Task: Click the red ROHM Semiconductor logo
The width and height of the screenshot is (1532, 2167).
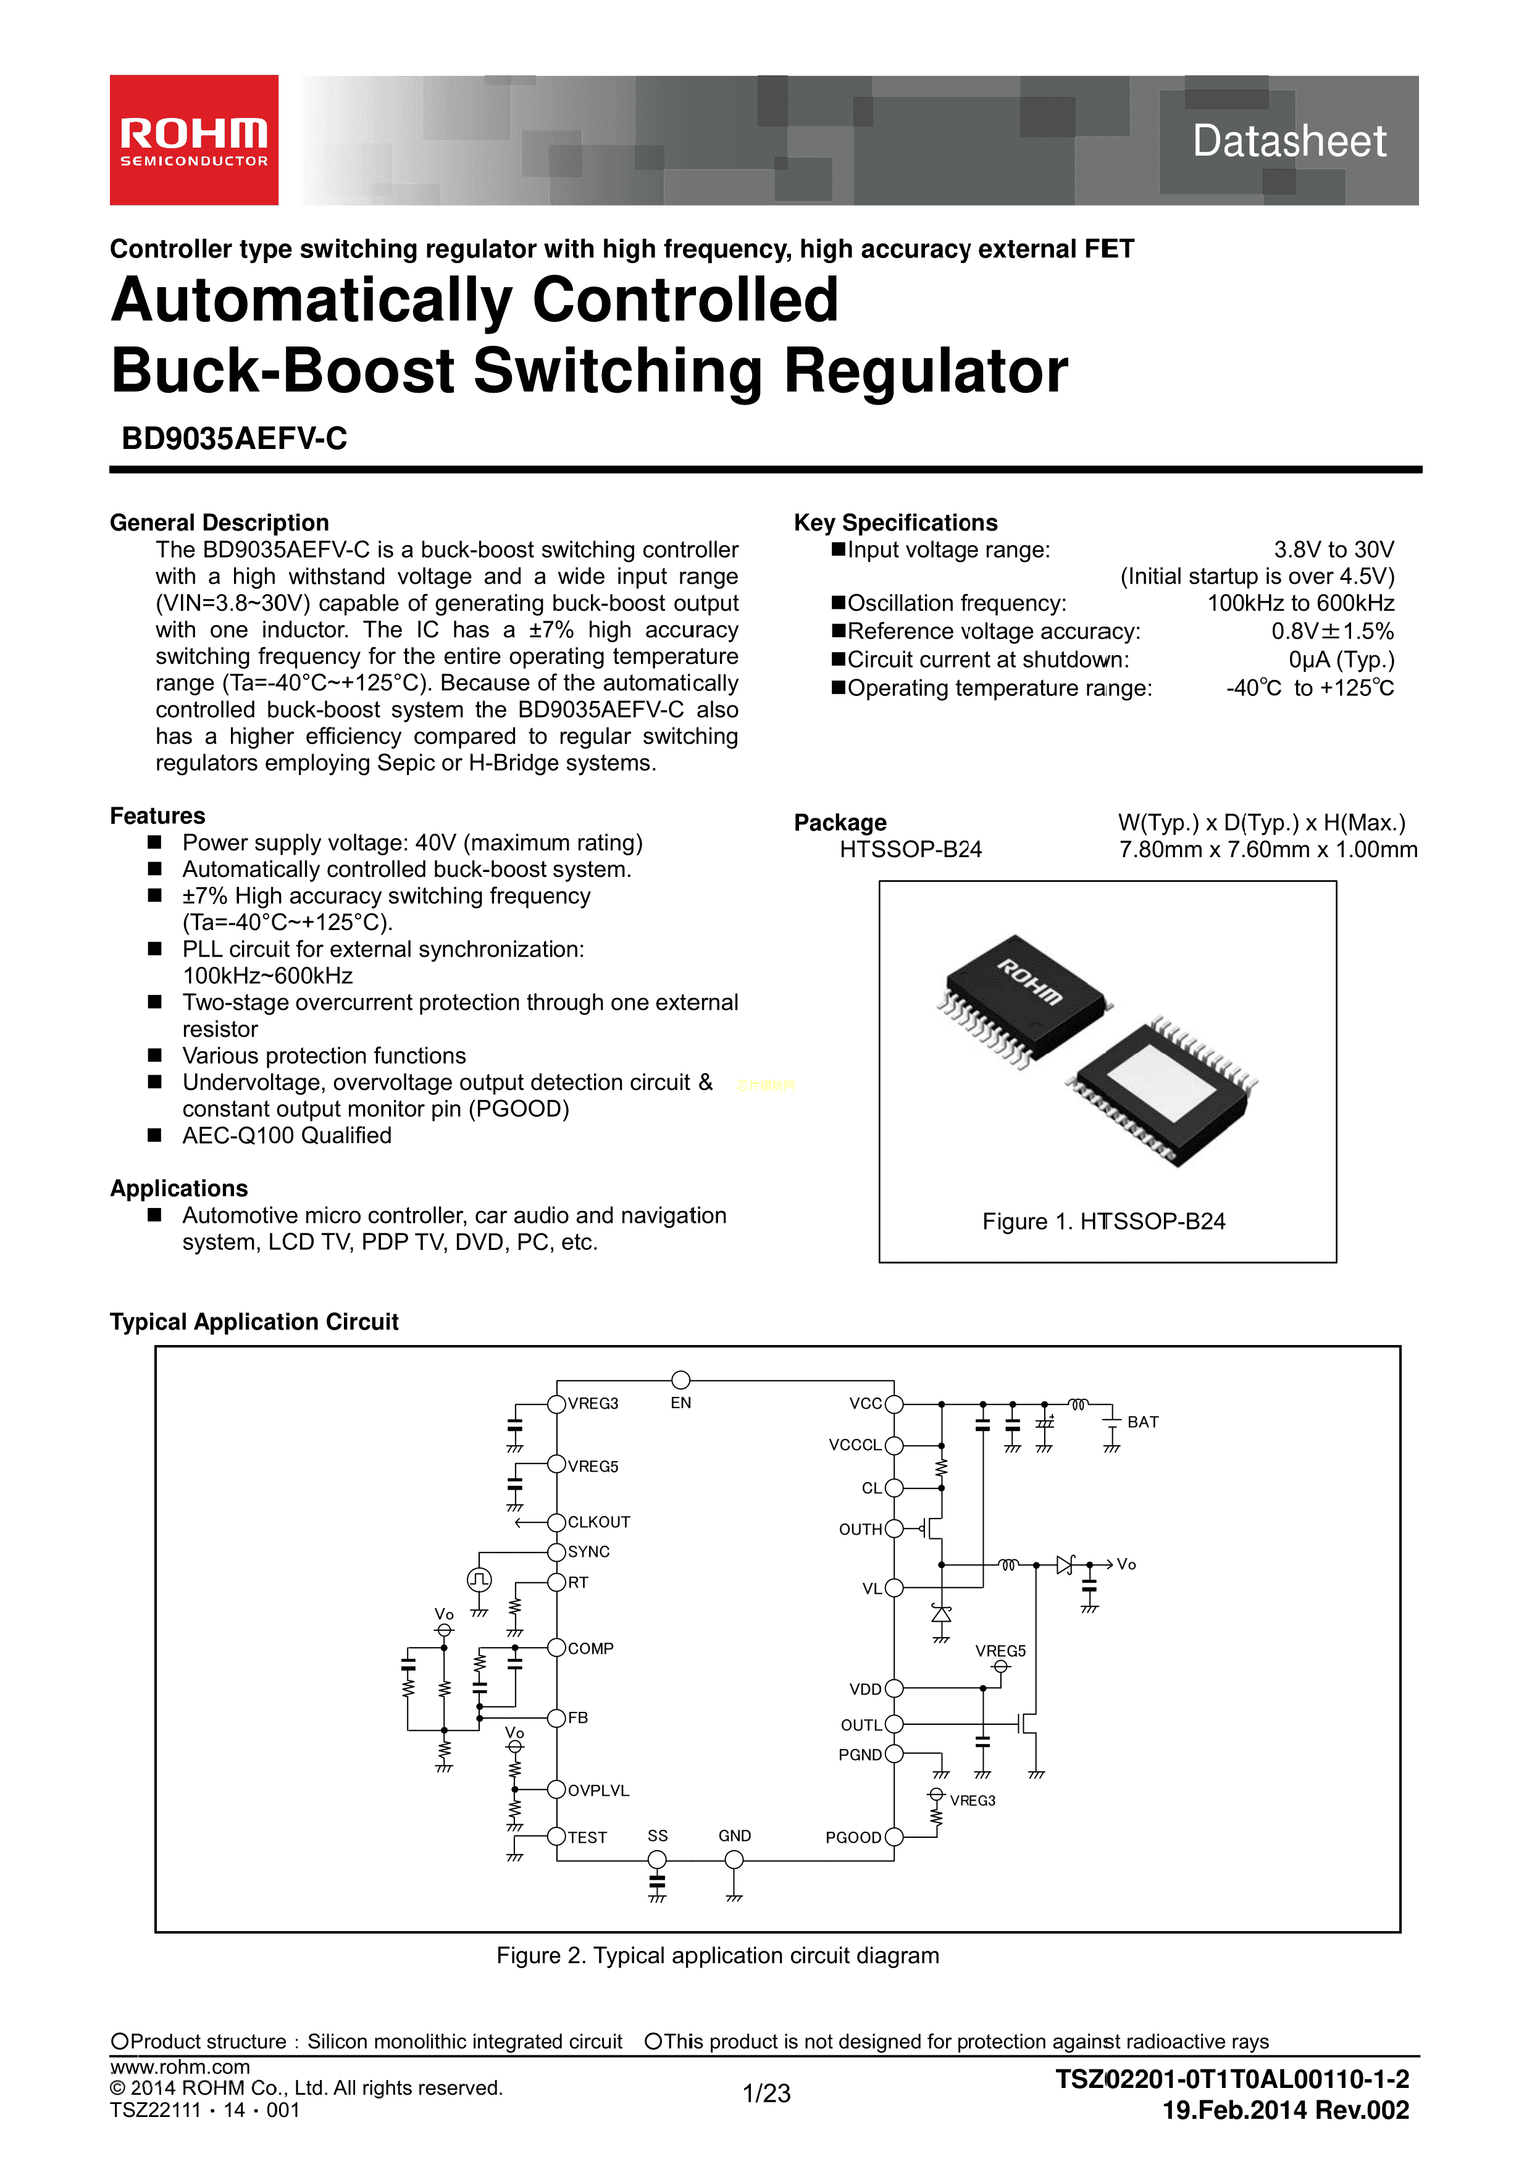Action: click(x=193, y=140)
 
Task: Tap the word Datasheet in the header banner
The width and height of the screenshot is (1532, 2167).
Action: click(x=1289, y=141)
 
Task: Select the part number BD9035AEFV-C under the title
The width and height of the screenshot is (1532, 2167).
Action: click(x=234, y=439)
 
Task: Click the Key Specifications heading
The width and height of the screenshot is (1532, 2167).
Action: click(x=895, y=523)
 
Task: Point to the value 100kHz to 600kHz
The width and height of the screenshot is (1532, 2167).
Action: click(x=1300, y=603)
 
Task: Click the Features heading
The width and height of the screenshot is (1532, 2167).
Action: click(x=157, y=815)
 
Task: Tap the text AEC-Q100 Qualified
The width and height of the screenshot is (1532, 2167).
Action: click(x=286, y=1136)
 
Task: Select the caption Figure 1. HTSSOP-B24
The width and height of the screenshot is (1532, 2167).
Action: click(x=1103, y=1222)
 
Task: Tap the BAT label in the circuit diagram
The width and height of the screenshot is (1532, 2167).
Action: click(x=1142, y=1422)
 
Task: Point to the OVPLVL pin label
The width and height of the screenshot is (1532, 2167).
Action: click(x=598, y=1790)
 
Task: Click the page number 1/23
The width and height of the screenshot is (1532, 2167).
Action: click(x=766, y=2094)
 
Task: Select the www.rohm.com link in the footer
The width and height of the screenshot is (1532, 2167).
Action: click(x=179, y=2067)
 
